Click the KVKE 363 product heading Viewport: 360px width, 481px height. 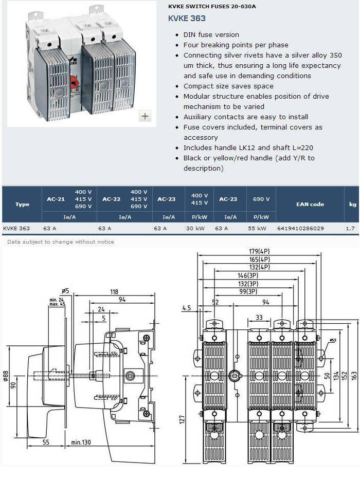click(x=187, y=18)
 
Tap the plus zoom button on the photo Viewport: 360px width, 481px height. click(x=145, y=116)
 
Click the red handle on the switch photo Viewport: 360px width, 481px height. click(x=75, y=83)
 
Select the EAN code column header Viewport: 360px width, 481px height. click(x=310, y=204)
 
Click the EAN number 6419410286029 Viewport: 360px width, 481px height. click(x=300, y=228)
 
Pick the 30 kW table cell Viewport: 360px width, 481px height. click(x=195, y=228)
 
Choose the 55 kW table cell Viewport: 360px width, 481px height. click(x=257, y=228)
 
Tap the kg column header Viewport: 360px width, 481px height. click(x=353, y=205)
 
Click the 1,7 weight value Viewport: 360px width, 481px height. click(x=350, y=228)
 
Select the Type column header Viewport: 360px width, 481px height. click(x=23, y=205)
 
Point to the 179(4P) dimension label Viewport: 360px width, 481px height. click(x=259, y=251)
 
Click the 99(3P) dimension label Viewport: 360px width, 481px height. click(x=248, y=291)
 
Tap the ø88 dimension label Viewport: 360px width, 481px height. click(x=6, y=376)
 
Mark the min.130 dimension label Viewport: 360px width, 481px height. click(x=81, y=442)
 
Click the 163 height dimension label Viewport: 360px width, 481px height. click(x=354, y=376)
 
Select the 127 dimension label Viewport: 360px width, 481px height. click(x=182, y=419)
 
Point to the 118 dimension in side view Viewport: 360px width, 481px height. click(x=114, y=292)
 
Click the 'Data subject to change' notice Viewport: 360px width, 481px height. click(x=61, y=242)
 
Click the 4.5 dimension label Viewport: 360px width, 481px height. click(x=187, y=308)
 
